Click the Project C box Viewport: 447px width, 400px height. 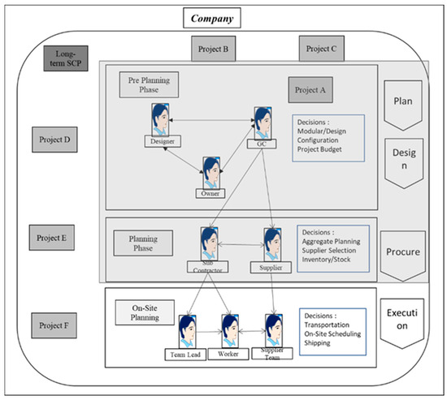coord(323,49)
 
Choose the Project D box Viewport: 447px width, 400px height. coord(54,140)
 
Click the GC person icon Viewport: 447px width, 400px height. coord(262,122)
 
